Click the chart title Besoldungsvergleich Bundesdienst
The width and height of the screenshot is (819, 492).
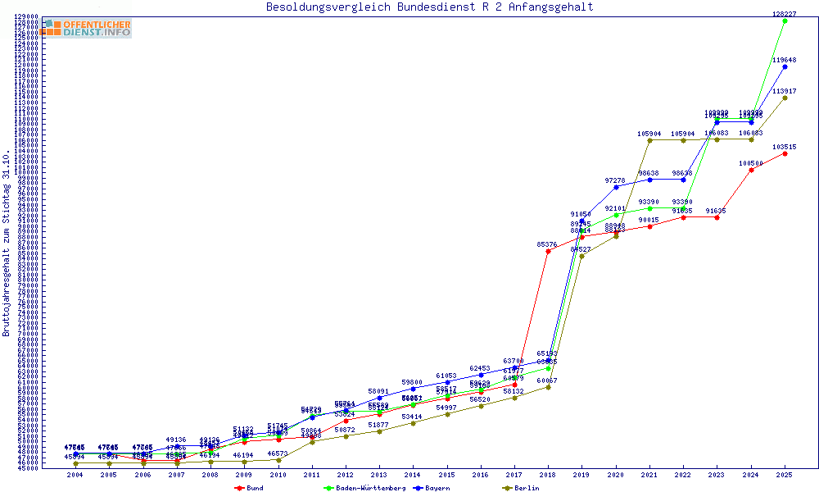[429, 7]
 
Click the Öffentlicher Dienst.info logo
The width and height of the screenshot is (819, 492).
[86, 28]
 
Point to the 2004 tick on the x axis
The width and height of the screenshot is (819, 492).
[75, 475]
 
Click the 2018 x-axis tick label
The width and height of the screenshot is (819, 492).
[548, 475]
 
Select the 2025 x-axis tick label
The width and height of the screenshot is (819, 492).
[785, 475]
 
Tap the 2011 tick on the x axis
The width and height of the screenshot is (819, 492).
[312, 475]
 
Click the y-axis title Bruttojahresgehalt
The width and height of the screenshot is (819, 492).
[7, 243]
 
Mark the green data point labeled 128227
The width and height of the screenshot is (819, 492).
[785, 20]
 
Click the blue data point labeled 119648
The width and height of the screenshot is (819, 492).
[785, 67]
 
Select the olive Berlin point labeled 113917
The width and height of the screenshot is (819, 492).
[785, 98]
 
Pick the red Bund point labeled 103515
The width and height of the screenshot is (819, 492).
[785, 153]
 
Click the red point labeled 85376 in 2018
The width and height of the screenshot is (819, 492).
[548, 251]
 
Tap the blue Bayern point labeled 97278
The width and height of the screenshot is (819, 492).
[616, 187]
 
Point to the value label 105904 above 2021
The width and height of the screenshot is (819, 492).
[649, 134]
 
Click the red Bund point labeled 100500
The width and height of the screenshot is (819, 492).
[751, 170]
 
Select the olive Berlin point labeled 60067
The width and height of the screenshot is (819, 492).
[548, 387]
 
